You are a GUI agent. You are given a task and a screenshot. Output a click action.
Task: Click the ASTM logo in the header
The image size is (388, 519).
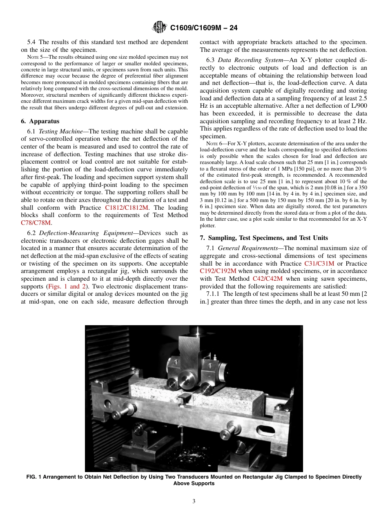(159, 27)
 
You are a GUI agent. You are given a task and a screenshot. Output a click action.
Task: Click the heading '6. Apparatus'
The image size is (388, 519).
(39, 121)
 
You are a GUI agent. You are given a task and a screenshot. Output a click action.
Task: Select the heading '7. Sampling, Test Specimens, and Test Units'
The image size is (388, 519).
(264, 238)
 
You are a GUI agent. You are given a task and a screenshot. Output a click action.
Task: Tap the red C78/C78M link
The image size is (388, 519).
(36, 223)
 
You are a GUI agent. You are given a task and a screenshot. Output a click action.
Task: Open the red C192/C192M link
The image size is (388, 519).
(218, 271)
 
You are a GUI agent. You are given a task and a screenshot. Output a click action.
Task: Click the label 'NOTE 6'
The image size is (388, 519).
(214, 144)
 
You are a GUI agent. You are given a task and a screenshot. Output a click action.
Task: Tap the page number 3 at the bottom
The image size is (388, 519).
(194, 501)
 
